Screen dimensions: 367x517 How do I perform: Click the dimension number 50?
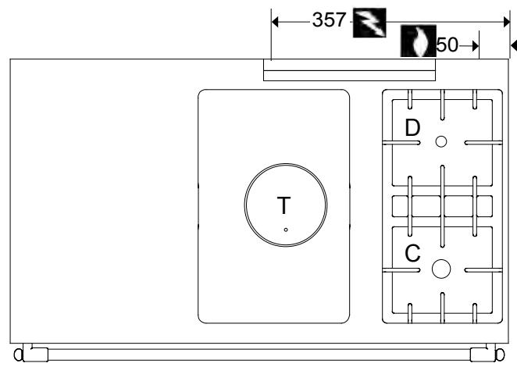(x=447, y=45)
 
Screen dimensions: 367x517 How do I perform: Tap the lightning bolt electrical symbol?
(x=365, y=21)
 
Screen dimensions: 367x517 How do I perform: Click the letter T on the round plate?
(x=284, y=206)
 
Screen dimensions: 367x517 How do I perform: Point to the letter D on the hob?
(x=412, y=127)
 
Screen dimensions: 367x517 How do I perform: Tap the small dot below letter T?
(x=286, y=229)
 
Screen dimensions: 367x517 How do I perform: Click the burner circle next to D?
(x=441, y=141)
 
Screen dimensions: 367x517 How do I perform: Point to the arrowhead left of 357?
(x=276, y=20)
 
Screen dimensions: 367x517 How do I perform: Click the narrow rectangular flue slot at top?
(x=349, y=72)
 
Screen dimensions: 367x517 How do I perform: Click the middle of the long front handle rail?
(x=258, y=354)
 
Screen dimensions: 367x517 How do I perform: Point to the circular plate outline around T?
(x=246, y=205)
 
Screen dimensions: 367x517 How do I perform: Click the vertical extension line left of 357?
(x=270, y=39)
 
